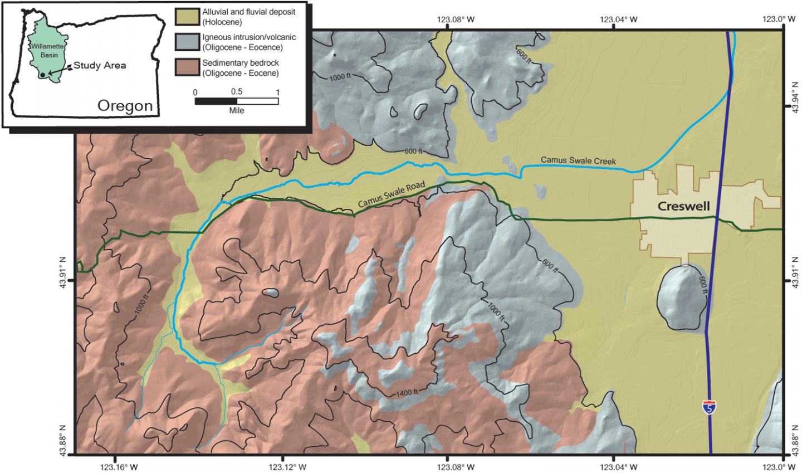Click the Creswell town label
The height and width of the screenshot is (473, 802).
(x=683, y=207)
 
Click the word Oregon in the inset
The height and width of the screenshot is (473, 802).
(x=125, y=105)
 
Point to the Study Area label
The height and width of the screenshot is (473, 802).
(x=100, y=66)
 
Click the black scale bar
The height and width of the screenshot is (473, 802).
(x=236, y=101)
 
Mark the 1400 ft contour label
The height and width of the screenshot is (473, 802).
(x=405, y=393)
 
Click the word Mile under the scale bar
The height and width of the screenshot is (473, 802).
(x=236, y=110)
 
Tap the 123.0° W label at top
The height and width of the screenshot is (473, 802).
(x=778, y=19)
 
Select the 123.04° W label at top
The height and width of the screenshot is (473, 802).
(x=619, y=19)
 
